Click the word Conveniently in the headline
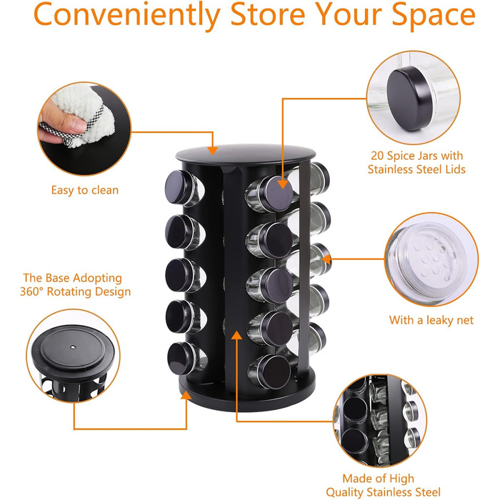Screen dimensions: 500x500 point(127,15)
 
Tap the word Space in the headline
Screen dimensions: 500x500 point(434,16)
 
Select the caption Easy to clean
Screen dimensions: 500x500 point(85,190)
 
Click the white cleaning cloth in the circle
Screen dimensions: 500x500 point(84,115)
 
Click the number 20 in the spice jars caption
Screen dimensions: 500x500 point(377,156)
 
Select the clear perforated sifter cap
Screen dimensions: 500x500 point(429,259)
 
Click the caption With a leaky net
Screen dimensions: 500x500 point(431,320)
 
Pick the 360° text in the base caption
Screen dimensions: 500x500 point(31,291)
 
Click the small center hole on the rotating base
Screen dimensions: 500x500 point(73,346)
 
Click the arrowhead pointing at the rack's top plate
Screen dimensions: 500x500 point(212,150)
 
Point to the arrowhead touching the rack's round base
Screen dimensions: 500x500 point(186,396)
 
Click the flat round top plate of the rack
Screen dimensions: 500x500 point(246,155)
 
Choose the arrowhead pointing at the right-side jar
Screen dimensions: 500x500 point(326,259)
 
